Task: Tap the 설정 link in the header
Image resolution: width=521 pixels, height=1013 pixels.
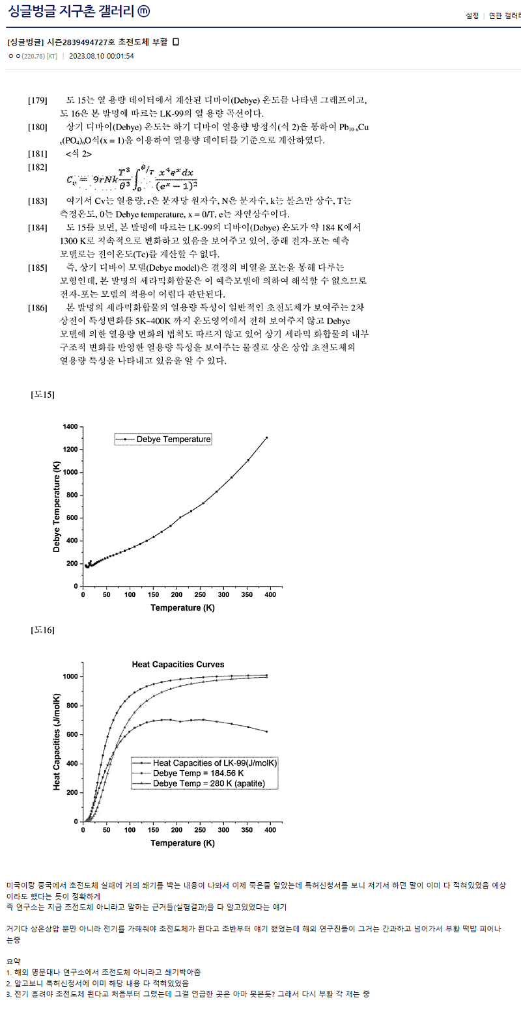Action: pyautogui.click(x=472, y=16)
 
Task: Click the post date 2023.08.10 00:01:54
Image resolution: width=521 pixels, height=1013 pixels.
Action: pyautogui.click(x=102, y=56)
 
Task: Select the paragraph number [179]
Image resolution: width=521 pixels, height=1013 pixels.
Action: pyautogui.click(x=38, y=100)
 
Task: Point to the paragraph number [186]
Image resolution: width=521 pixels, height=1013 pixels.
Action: pyautogui.click(x=38, y=307)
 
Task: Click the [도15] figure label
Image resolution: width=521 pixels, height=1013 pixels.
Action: pyautogui.click(x=43, y=395)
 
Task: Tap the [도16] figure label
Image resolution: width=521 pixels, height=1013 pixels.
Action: pyautogui.click(x=43, y=630)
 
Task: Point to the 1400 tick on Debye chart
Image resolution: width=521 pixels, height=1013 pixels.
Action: pyautogui.click(x=70, y=427)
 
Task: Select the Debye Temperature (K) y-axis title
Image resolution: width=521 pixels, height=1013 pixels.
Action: pyautogui.click(x=57, y=506)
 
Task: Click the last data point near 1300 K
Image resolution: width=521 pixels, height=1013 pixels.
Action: pyautogui.click(x=266, y=437)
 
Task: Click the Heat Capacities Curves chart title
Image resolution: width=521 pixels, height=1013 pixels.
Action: pyautogui.click(x=178, y=665)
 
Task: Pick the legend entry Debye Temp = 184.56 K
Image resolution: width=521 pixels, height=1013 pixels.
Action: pyautogui.click(x=198, y=773)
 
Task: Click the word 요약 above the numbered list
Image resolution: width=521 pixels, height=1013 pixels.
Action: pyautogui.click(x=14, y=961)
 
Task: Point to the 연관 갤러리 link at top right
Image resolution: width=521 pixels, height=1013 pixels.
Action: pyautogui.click(x=505, y=16)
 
